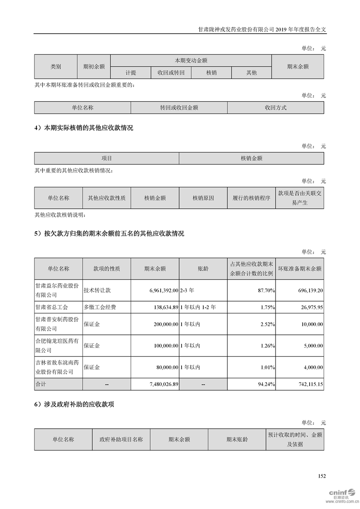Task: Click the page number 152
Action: [x=322, y=476]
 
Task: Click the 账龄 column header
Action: [x=203, y=269]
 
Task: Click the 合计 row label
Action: [x=41, y=384]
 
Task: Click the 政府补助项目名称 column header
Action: [x=121, y=439]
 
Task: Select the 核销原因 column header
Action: [x=203, y=198]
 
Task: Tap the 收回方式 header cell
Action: [x=276, y=108]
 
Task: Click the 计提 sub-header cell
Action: [x=131, y=73]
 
